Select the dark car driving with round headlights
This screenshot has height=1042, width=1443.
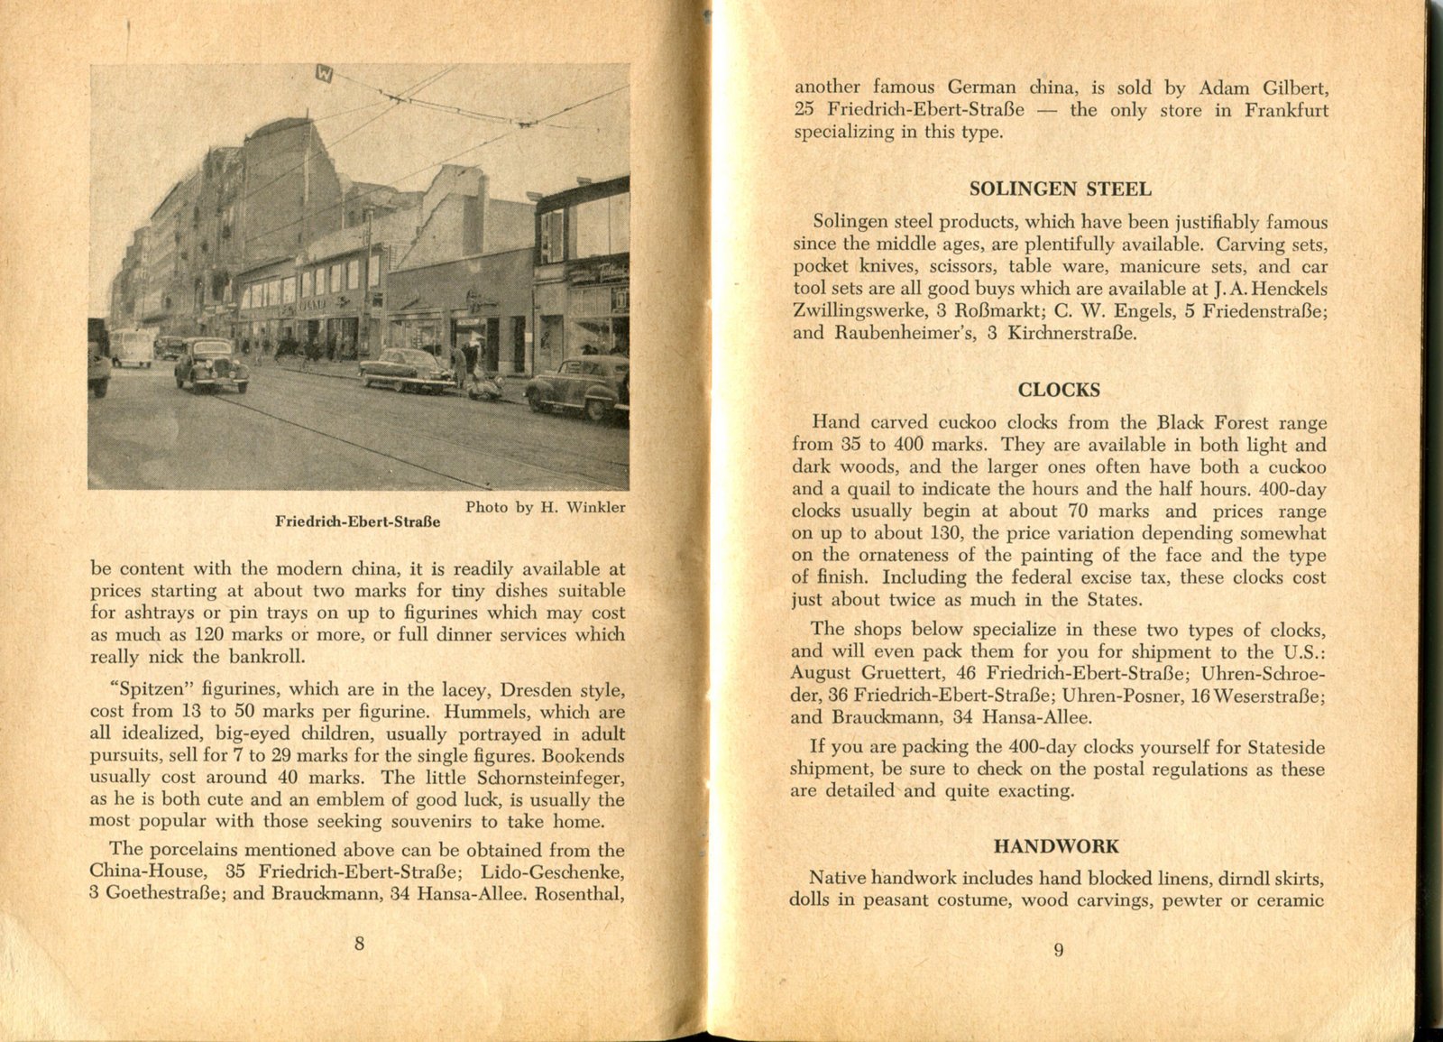[211, 364]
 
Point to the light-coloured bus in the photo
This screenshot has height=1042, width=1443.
[132, 347]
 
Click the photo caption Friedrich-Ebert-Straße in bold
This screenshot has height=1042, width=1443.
[358, 521]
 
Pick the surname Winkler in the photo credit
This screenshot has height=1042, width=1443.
[595, 507]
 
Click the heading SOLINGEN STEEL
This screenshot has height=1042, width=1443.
[1060, 189]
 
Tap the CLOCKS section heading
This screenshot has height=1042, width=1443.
[1059, 390]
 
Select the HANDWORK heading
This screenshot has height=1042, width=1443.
[1056, 846]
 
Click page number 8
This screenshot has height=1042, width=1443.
[359, 944]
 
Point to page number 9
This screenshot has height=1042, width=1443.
[1058, 949]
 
